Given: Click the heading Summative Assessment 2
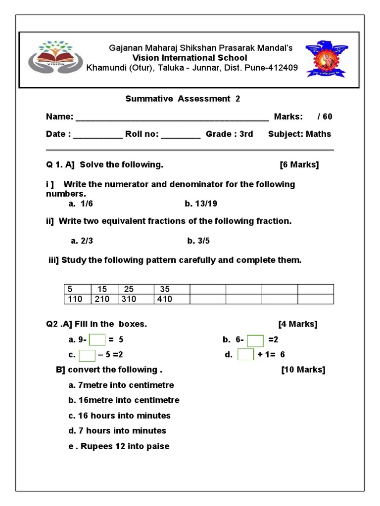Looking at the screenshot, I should [x=183, y=99].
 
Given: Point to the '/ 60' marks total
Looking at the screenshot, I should [x=325, y=117].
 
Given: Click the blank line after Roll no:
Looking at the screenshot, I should [x=181, y=135].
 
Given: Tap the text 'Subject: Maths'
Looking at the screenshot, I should [x=299, y=134].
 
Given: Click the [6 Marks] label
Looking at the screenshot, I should [x=299, y=165].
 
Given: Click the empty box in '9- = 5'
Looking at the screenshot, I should [x=97, y=340].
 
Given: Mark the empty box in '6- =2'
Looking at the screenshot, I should [x=255, y=340].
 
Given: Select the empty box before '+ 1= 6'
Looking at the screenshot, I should [x=245, y=355].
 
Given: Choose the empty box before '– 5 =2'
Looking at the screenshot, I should [x=87, y=355].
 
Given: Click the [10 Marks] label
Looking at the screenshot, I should [x=303, y=370].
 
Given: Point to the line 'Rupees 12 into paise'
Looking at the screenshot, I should [x=119, y=446].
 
